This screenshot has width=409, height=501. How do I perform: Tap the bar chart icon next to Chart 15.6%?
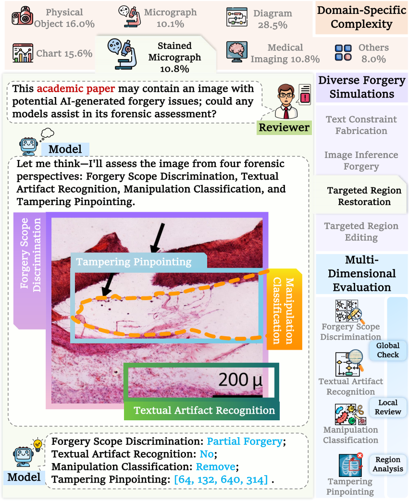click(x=23, y=53)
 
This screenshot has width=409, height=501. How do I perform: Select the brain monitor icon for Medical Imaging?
click(x=236, y=51)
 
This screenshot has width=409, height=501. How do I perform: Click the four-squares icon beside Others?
click(x=343, y=53)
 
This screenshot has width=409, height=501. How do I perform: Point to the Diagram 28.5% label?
click(x=273, y=19)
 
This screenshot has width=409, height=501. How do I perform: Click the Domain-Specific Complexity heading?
click(x=361, y=17)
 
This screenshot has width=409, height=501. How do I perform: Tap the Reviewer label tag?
click(x=284, y=127)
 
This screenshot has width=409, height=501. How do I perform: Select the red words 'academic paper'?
click(x=76, y=88)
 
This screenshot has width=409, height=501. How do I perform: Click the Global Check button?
click(x=387, y=350)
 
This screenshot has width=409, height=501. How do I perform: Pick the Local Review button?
click(x=387, y=407)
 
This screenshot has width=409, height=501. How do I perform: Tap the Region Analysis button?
click(x=387, y=464)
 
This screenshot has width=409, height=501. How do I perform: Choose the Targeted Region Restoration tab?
click(x=361, y=196)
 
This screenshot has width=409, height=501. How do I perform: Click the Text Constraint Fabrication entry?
click(x=361, y=125)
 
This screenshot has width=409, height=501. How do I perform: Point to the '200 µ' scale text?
click(x=240, y=379)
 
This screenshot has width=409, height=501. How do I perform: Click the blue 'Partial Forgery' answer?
click(x=245, y=441)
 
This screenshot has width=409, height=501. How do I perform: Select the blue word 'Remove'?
click(x=215, y=467)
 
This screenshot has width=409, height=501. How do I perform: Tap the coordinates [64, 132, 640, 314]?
click(x=221, y=479)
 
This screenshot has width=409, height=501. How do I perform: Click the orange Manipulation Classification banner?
click(x=285, y=309)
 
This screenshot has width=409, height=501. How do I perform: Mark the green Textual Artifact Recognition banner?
click(x=204, y=410)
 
